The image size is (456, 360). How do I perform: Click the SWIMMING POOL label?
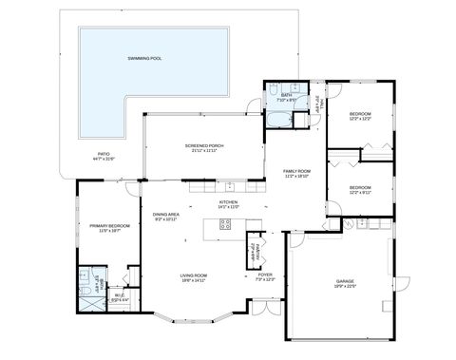pyautogui.click(x=144, y=59)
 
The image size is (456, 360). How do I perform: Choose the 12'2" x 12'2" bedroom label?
pyautogui.click(x=359, y=116)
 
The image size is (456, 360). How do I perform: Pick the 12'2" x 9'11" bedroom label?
pyautogui.click(x=359, y=190)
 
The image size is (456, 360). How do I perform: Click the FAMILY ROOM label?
pyautogui.click(x=297, y=174)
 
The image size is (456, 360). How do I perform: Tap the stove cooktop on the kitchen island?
pyautogui.click(x=226, y=225)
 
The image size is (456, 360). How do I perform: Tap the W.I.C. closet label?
pyautogui.click(x=119, y=297)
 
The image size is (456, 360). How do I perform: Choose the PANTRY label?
pyautogui.click(x=255, y=249)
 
